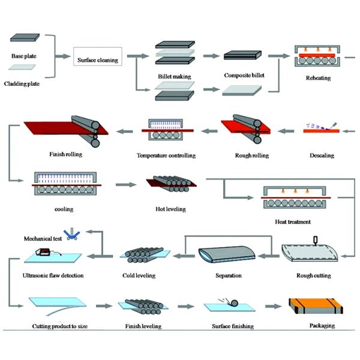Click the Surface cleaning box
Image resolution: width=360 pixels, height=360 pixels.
[x=97, y=59]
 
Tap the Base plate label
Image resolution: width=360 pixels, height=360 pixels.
[x=24, y=56]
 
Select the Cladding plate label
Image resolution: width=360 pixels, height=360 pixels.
[x=23, y=83]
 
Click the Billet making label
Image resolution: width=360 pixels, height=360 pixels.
[x=173, y=77]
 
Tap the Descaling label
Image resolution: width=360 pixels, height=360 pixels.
[x=322, y=155]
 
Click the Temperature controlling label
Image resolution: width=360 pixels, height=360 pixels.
[x=166, y=156]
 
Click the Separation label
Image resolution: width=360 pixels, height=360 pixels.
[x=229, y=275]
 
